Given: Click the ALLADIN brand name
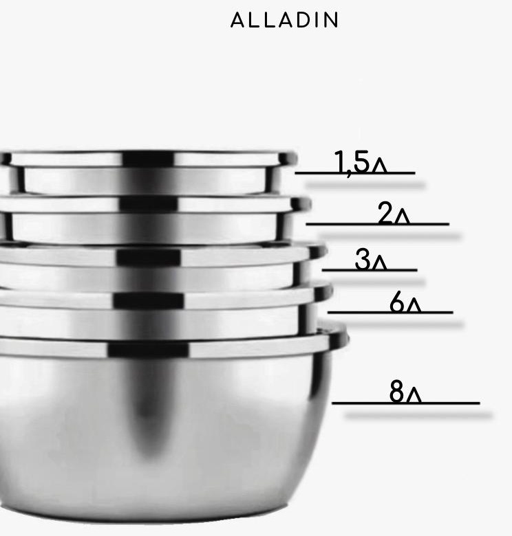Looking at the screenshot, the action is pos(285,20).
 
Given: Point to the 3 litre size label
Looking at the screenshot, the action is pos(371,260).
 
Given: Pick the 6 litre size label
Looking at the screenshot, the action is pos(405,302).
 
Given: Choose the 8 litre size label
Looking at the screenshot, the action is pos(405,392).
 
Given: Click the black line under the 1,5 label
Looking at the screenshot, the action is pos(355,173).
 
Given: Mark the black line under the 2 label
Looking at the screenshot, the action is pos(377,224).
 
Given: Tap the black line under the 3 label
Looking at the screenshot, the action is pos(370,270).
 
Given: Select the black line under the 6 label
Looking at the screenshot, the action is pos(390,312).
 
